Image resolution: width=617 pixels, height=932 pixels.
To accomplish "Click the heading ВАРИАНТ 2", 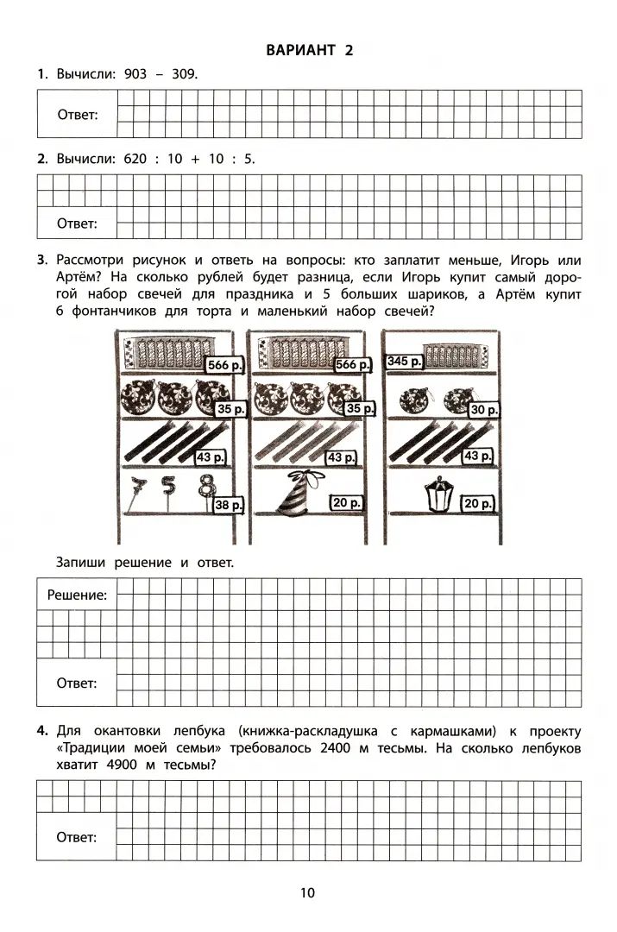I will point(308,50).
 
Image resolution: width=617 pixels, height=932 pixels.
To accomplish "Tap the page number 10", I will point(308,892).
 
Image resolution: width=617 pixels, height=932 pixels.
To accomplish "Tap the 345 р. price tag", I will point(405,361).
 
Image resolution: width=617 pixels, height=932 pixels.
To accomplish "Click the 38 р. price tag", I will point(229,505).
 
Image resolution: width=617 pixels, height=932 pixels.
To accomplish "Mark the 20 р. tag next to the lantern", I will point(478,503).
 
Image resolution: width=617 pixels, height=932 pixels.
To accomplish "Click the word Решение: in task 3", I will point(77,595).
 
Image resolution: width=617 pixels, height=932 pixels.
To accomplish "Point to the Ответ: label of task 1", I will point(77,115).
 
